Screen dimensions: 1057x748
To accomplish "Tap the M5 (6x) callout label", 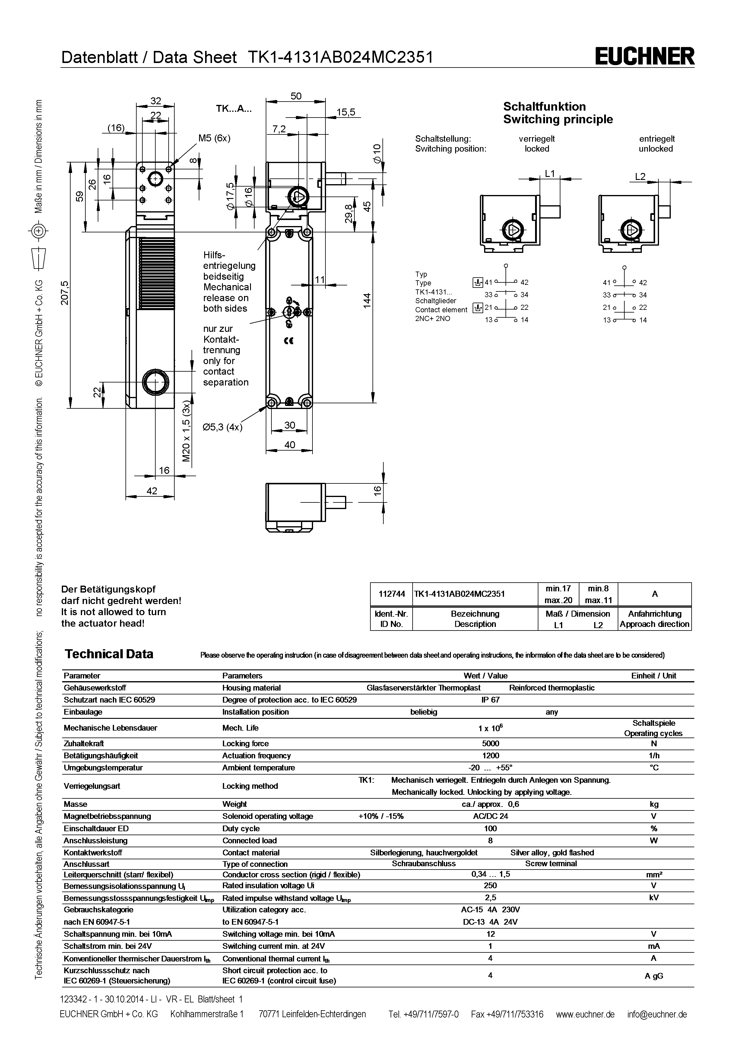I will click(x=214, y=138).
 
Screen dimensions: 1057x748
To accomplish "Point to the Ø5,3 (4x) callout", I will click(x=223, y=427).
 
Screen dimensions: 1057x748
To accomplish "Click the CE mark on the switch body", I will click(x=289, y=341).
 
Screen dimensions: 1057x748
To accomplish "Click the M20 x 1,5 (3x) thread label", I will click(x=186, y=431).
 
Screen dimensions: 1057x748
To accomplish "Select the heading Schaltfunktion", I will click(x=544, y=106).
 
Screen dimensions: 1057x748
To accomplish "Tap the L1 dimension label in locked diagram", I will click(x=550, y=174).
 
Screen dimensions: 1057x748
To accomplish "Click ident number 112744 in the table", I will click(x=391, y=594).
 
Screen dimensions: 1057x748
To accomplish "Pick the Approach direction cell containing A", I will click(x=654, y=594).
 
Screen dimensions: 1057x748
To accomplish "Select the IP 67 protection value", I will click(x=490, y=700).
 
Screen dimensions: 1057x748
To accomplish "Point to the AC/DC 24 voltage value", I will click(x=490, y=816).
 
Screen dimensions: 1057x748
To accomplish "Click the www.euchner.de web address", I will click(x=585, y=1014).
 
